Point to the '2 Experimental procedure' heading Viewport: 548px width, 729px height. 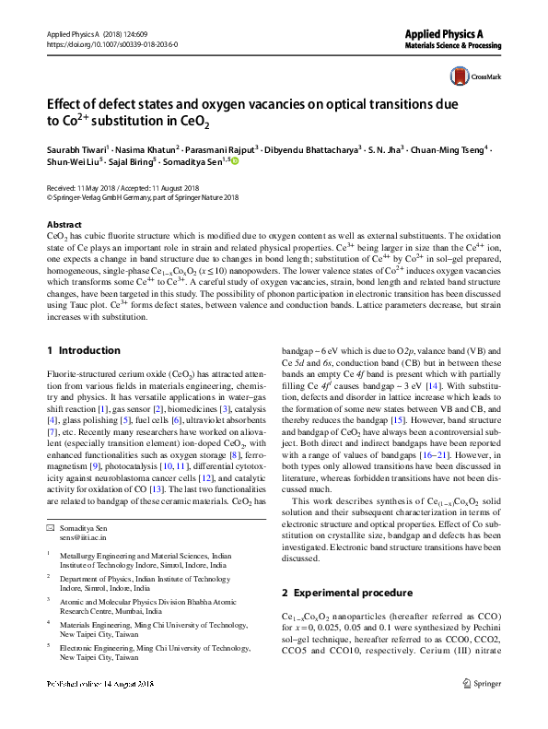(x=346, y=592)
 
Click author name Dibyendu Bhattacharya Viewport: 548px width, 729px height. (x=314, y=147)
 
